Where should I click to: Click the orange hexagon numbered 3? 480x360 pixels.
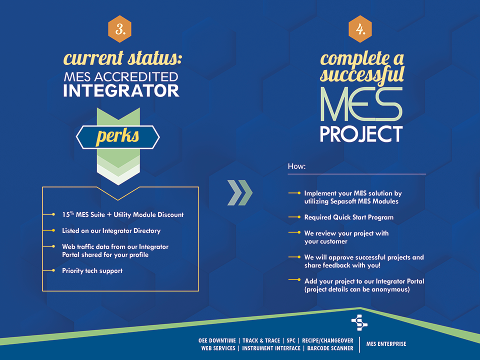click(x=120, y=29)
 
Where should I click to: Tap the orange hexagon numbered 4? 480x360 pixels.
click(x=360, y=29)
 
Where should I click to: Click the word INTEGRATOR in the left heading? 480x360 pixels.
click(x=121, y=91)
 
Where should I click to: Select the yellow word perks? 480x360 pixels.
click(x=117, y=136)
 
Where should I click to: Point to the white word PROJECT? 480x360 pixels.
click(x=361, y=134)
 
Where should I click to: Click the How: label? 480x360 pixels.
click(x=296, y=166)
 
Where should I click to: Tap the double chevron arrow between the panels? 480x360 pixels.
click(x=239, y=193)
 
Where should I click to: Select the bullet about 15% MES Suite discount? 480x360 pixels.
click(x=122, y=214)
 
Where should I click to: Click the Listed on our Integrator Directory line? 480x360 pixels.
click(x=111, y=230)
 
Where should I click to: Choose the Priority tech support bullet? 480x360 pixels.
click(x=92, y=270)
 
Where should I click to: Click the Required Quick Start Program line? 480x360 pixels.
click(x=348, y=217)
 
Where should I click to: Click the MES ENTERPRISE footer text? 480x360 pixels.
click(x=386, y=344)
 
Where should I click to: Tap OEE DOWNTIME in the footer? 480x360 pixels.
click(x=217, y=340)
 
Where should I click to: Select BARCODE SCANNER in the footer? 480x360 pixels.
click(x=330, y=348)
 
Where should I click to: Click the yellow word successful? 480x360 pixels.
click(x=362, y=75)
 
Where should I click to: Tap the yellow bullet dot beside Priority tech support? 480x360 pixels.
click(x=53, y=270)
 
